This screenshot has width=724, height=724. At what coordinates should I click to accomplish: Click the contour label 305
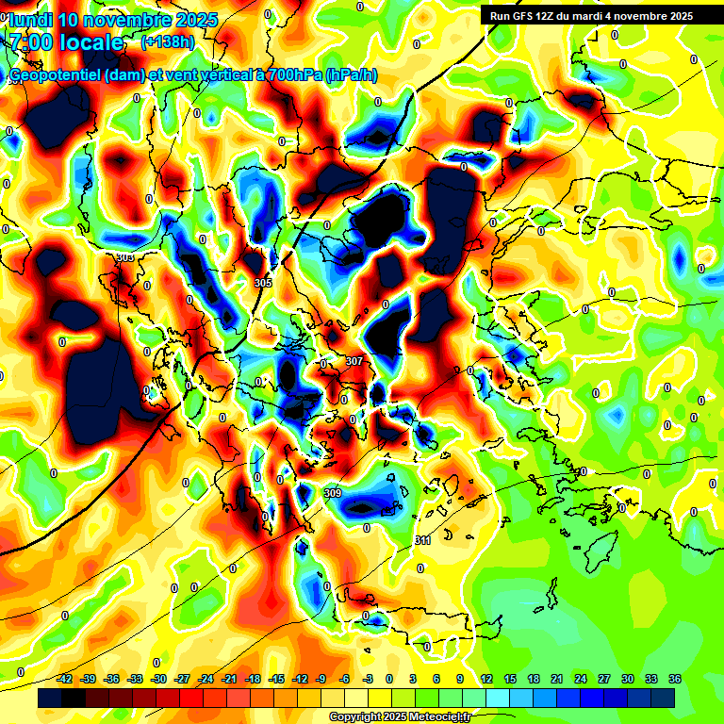tap(263, 283)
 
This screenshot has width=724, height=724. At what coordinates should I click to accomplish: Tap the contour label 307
tap(354, 361)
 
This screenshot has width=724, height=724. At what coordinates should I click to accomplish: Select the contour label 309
tap(332, 493)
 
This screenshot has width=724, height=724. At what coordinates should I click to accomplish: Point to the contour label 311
tap(422, 540)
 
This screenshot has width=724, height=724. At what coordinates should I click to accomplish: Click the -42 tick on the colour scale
tap(66, 679)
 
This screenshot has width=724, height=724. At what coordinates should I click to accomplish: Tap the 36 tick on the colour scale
tap(675, 679)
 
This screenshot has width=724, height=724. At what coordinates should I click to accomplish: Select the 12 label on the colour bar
tap(485, 679)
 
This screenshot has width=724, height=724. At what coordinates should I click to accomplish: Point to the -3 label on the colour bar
tap(370, 679)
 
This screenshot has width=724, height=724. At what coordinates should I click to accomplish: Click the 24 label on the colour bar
tap(581, 679)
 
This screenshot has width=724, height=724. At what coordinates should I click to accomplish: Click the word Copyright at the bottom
tap(354, 717)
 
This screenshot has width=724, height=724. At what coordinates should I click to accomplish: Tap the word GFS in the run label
tap(528, 16)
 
